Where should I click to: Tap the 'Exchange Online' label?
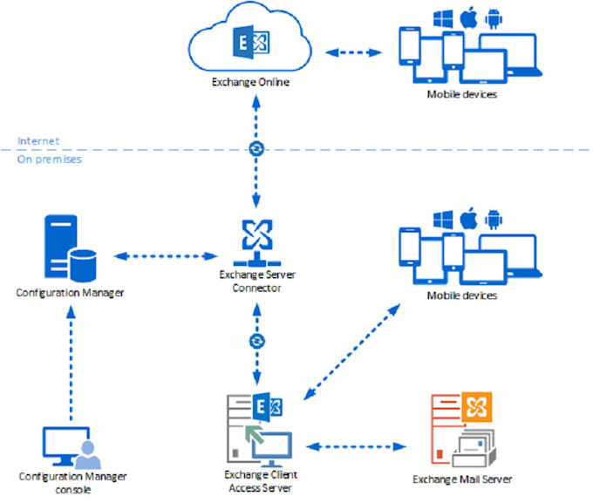(250, 83)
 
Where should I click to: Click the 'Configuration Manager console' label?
(72, 482)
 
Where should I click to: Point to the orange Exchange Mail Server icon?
(461, 428)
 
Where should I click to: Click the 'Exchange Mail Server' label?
(461, 479)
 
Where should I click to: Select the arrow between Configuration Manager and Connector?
(166, 256)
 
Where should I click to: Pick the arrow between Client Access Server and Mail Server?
(357, 447)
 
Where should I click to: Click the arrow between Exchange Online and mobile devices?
(357, 51)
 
